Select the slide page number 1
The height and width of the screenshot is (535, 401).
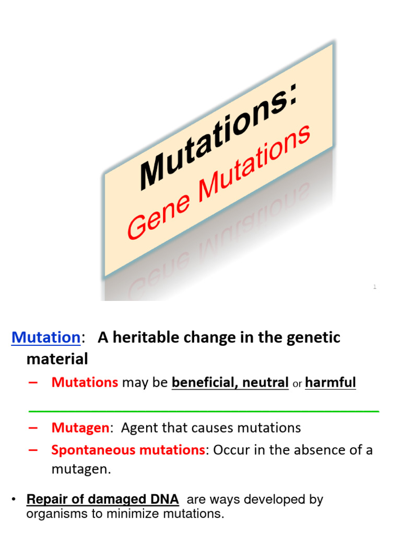tap(374, 286)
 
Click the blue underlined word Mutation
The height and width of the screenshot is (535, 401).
tap(46, 338)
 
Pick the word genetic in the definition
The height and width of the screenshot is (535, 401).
tap(314, 338)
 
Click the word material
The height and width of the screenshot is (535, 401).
tap(57, 359)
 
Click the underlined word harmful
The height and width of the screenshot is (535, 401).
tap(331, 382)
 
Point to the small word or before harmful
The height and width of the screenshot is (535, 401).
tap(297, 384)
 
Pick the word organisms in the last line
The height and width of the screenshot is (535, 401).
tap(54, 514)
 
